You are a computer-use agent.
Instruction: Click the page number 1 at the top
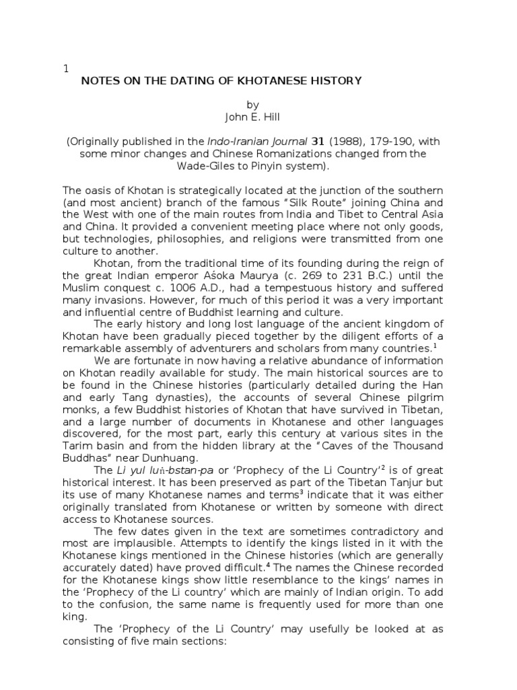coord(65,68)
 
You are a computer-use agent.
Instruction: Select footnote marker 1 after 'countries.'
coord(436,345)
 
